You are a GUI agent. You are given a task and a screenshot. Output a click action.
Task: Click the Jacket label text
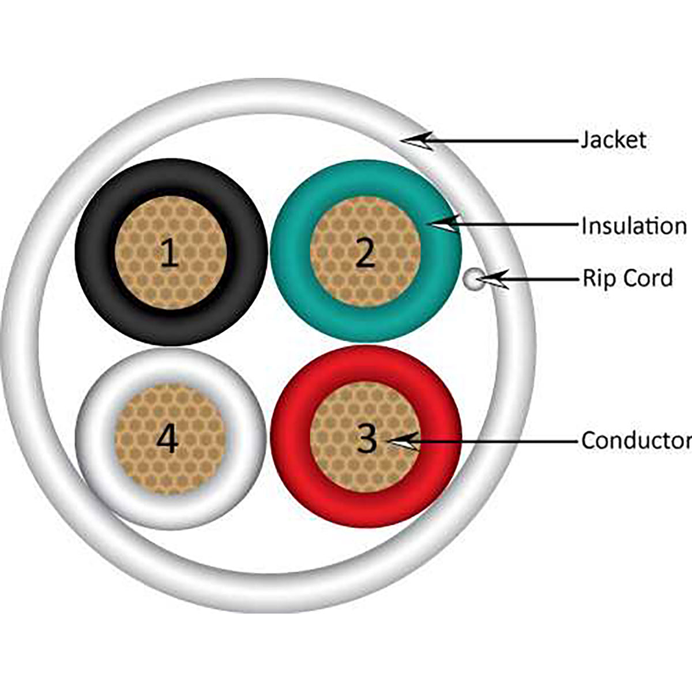click(x=613, y=140)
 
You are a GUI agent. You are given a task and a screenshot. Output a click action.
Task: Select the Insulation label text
click(x=633, y=225)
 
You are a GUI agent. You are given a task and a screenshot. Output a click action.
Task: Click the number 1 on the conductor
click(x=169, y=253)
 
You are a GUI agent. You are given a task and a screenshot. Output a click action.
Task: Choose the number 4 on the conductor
click(x=168, y=439)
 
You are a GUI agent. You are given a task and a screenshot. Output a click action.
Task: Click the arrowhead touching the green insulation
click(x=448, y=224)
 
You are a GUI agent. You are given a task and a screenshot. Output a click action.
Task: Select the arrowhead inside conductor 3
click(x=404, y=442)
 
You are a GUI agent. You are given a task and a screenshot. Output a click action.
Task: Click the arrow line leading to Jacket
click(x=507, y=140)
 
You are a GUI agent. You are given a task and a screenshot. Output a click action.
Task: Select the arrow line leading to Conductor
click(x=496, y=442)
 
